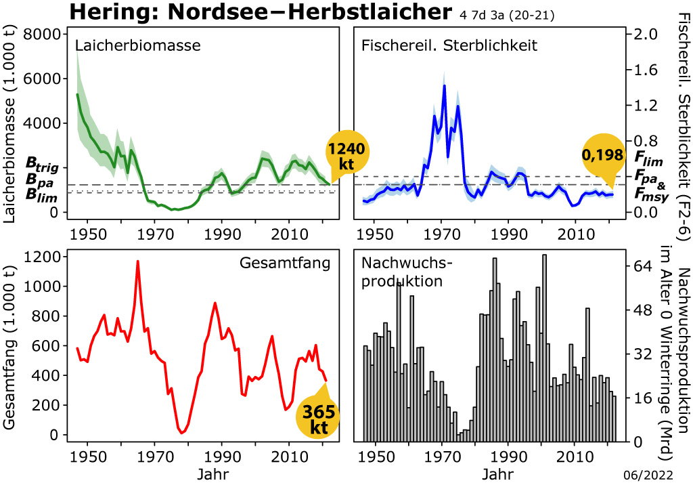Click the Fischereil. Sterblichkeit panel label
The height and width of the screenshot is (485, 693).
pos(449,45)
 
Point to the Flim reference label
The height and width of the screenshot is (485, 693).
pos(648,157)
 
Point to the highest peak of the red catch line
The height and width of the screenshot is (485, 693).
pos(137,261)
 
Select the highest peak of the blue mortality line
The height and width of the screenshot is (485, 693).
pos(445,85)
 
